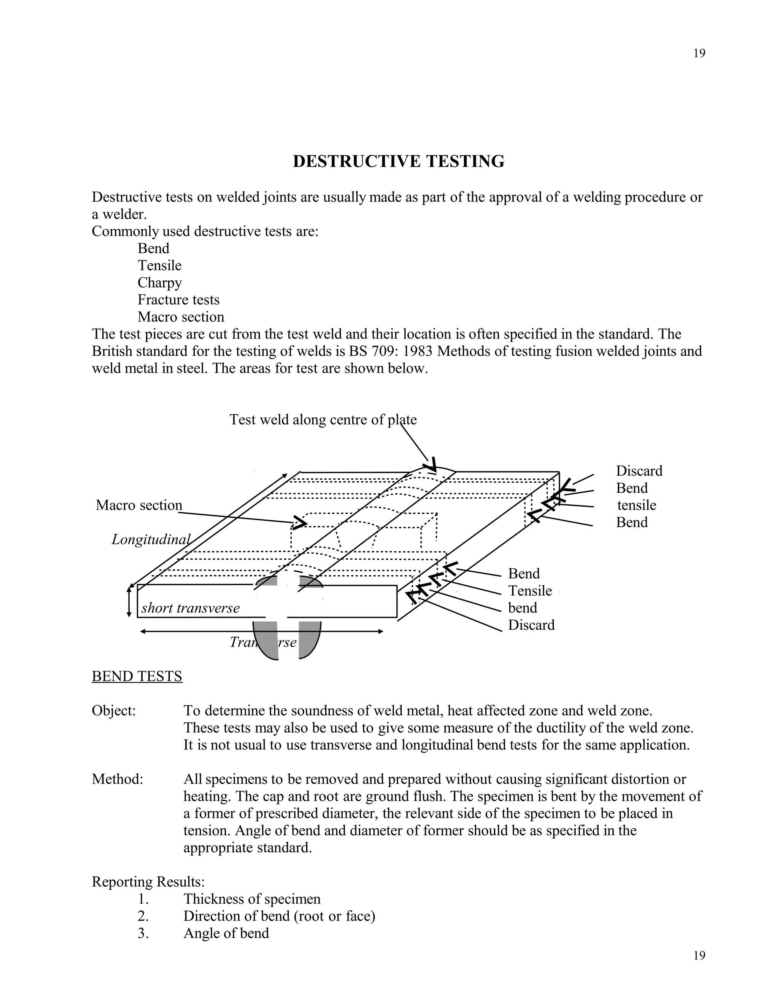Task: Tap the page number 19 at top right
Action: coord(699,54)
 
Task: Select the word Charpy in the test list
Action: coord(160,283)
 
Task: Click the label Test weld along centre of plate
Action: coord(323,420)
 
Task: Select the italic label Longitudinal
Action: coord(151,539)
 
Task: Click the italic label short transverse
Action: coord(190,608)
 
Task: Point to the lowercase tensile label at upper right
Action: coord(636,505)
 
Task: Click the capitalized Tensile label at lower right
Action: coord(530,591)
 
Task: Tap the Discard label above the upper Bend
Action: coord(639,471)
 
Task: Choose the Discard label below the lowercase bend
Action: coord(531,625)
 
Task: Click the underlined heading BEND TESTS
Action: coord(137,676)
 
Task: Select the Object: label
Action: coord(113,710)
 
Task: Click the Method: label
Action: coord(117,779)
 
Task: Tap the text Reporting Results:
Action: coord(148,882)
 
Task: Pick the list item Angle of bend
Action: coord(226,933)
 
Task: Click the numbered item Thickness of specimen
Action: coord(251,898)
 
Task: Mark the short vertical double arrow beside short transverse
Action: coord(130,601)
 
